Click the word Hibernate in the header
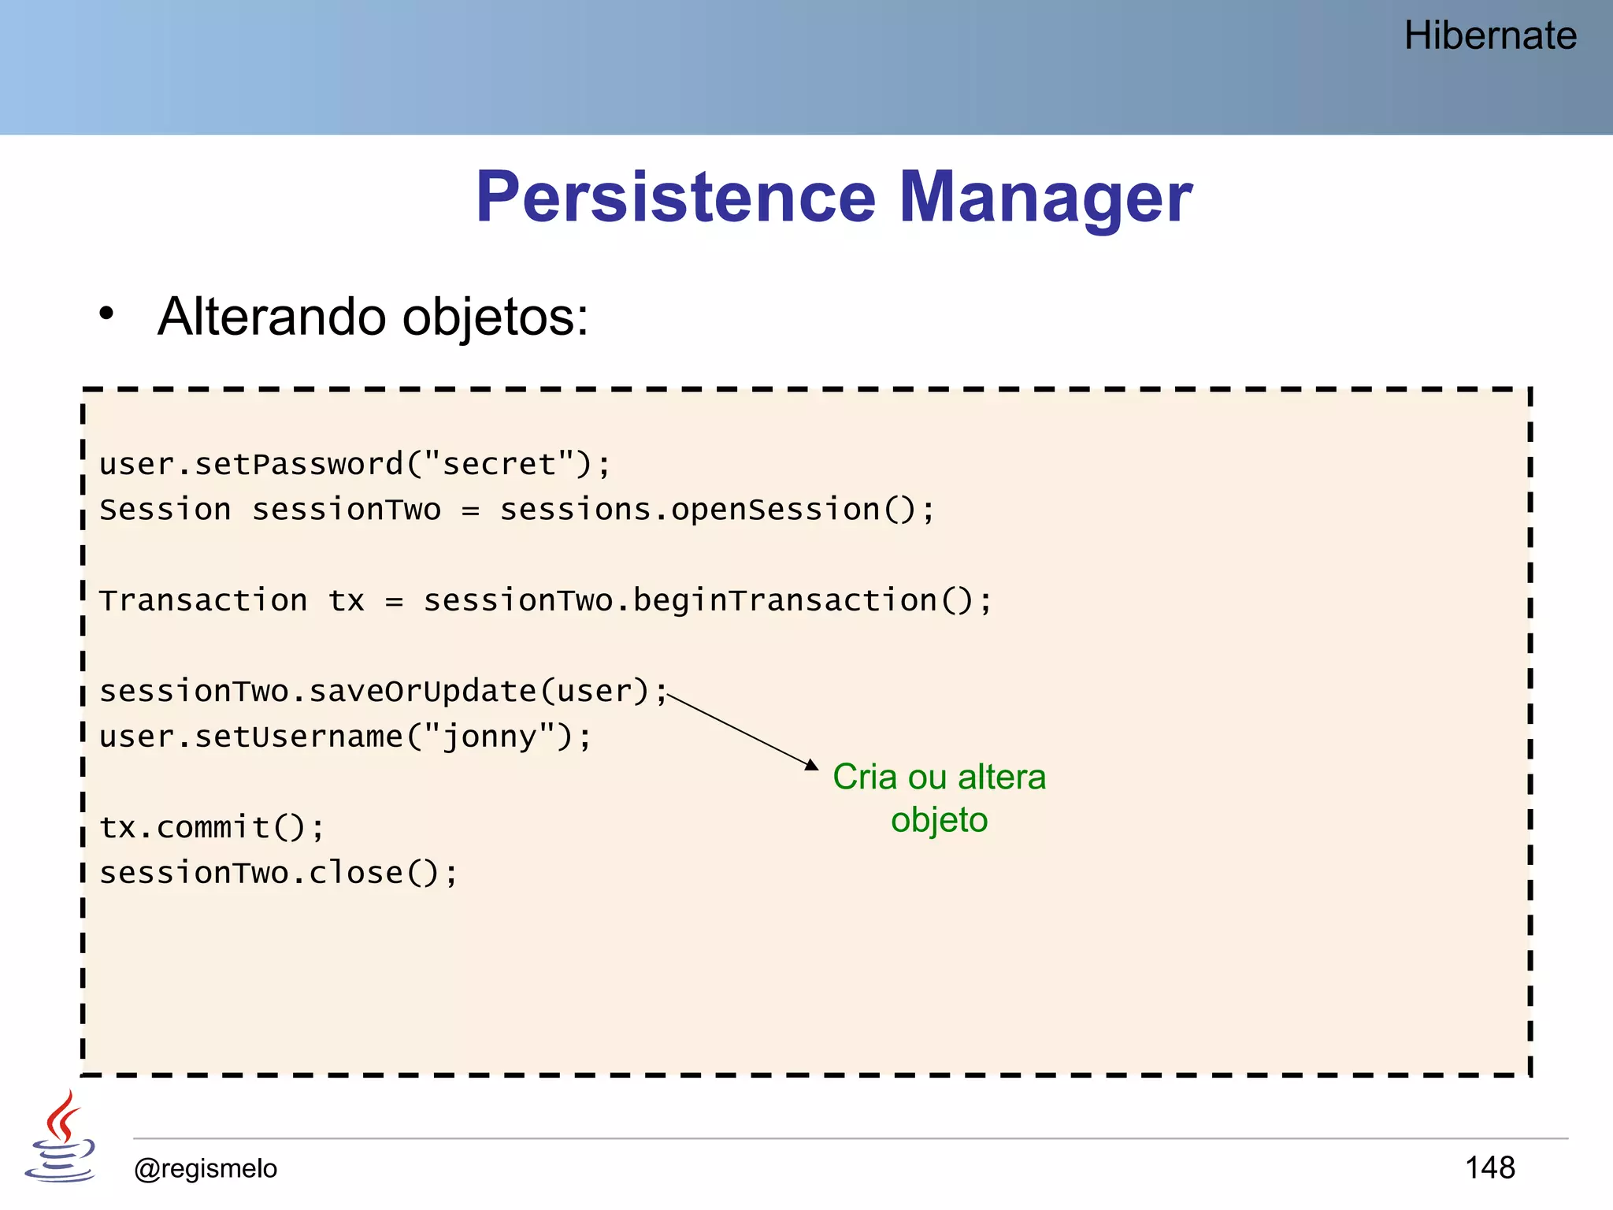[x=1489, y=36]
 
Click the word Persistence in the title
[x=675, y=198]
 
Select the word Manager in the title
[x=1045, y=198]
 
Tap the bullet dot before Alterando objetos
[x=106, y=314]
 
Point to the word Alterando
[x=272, y=317]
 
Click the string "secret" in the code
[x=499, y=464]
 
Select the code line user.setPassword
[x=354, y=464]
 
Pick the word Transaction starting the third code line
[x=203, y=601]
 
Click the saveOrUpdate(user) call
[x=478, y=692]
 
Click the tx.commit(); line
[x=211, y=828]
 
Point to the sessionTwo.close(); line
[x=278, y=874]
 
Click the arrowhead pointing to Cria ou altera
[x=812, y=765]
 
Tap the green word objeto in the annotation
[x=939, y=820]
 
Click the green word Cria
[x=865, y=778]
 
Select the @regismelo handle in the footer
[x=206, y=1168]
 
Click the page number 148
[x=1489, y=1167]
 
